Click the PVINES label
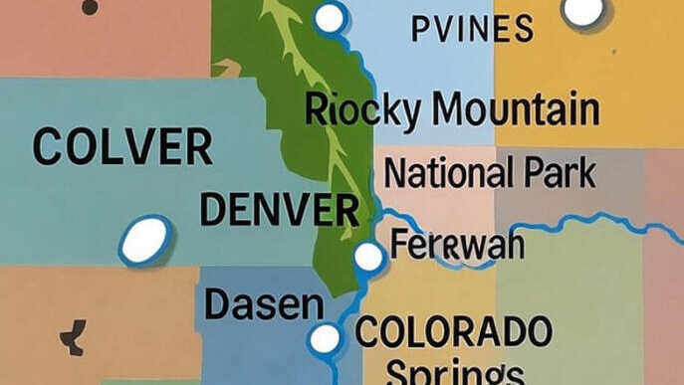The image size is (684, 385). (x=471, y=29)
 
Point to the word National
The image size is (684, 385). (x=447, y=173)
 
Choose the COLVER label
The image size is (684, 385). (x=121, y=148)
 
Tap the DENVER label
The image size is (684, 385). (x=279, y=210)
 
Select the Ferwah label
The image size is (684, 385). (x=457, y=245)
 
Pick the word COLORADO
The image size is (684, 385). (x=453, y=330)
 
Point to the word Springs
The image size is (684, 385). (x=454, y=372)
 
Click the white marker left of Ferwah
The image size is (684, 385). (x=368, y=257)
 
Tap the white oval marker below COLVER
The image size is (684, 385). (x=145, y=240)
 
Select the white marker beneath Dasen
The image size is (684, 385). (x=325, y=339)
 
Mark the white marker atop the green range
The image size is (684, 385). (x=330, y=17)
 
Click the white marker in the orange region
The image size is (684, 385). (x=582, y=10)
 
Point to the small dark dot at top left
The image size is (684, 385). (x=90, y=7)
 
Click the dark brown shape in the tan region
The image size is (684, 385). (x=73, y=338)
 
